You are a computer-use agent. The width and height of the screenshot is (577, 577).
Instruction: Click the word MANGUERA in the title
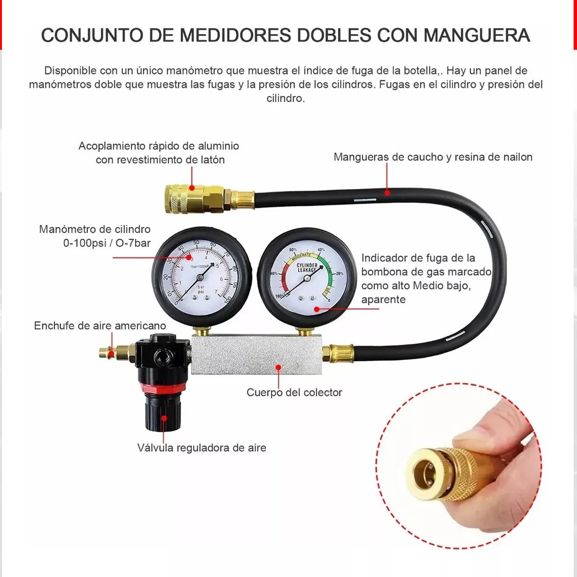pyautogui.click(x=476, y=36)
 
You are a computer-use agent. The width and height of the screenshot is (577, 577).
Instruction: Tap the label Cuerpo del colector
pyautogui.click(x=294, y=392)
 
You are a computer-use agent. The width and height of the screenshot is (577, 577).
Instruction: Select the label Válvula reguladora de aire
pyautogui.click(x=201, y=448)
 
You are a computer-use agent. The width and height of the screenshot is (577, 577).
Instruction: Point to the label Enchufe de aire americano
pyautogui.click(x=100, y=326)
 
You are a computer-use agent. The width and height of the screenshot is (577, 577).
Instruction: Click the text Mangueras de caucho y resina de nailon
pyautogui.click(x=433, y=157)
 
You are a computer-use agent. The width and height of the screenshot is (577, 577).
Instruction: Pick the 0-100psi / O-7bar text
pyautogui.click(x=107, y=243)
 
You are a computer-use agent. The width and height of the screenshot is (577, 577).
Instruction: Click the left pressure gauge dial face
pyautogui.click(x=202, y=274)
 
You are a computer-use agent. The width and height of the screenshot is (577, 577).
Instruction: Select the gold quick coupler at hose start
pyautogui.click(x=192, y=198)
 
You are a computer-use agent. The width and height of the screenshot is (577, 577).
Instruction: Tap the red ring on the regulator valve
pyautogui.click(x=162, y=388)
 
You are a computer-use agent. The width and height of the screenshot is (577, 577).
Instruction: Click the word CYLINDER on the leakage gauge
pyautogui.click(x=306, y=265)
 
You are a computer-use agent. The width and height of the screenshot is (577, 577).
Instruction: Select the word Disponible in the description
pyautogui.click(x=71, y=71)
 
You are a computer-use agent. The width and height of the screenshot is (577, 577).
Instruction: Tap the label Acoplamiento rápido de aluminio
pyautogui.click(x=159, y=146)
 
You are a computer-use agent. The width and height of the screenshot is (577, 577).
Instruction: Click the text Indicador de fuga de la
pyautogui.click(x=418, y=258)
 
